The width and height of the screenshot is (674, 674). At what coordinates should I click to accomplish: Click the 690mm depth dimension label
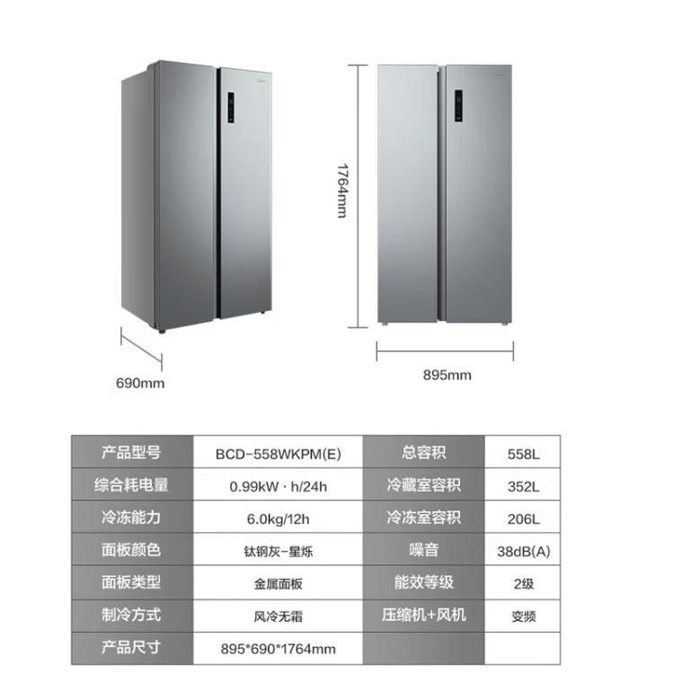140,383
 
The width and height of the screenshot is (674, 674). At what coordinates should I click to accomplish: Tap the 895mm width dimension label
447,375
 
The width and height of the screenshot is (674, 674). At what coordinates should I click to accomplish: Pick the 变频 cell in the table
524,616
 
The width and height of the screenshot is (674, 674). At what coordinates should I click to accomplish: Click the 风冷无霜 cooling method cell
278,616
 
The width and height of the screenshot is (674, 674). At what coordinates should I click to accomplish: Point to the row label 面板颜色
131,551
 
